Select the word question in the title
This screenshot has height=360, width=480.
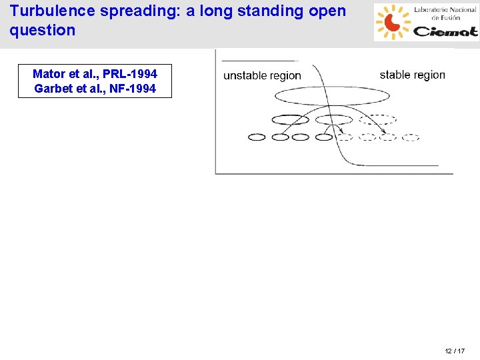point(43,30)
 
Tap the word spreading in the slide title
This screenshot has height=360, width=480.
point(139,11)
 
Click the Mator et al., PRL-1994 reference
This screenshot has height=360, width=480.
point(95,74)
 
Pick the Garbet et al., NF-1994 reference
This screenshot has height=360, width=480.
point(95,88)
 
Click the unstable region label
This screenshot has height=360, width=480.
point(262,76)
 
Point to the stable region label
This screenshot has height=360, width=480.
point(412,75)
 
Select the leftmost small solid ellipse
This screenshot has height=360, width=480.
point(257,137)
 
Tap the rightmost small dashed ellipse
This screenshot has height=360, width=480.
point(411,137)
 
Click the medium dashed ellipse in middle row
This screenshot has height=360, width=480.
point(377,120)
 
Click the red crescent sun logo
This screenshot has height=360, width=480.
point(391,22)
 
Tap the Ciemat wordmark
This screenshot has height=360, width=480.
point(445,31)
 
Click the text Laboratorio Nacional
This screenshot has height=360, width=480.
point(445,10)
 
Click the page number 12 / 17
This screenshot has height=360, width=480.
point(455,351)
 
